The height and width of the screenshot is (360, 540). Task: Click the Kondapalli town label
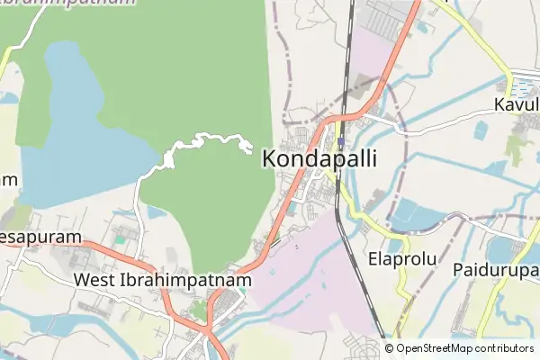click(x=319, y=159)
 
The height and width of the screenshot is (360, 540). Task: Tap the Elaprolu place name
click(x=402, y=259)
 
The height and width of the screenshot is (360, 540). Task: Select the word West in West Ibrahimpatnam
click(x=94, y=280)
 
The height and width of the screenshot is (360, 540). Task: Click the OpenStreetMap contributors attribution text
click(x=464, y=348)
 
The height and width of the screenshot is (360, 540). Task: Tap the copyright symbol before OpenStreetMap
click(x=389, y=348)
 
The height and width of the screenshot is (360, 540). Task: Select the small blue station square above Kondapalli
click(x=340, y=139)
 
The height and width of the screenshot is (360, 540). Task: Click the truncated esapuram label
click(x=40, y=237)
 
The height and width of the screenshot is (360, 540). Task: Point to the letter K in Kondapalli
click(x=270, y=159)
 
